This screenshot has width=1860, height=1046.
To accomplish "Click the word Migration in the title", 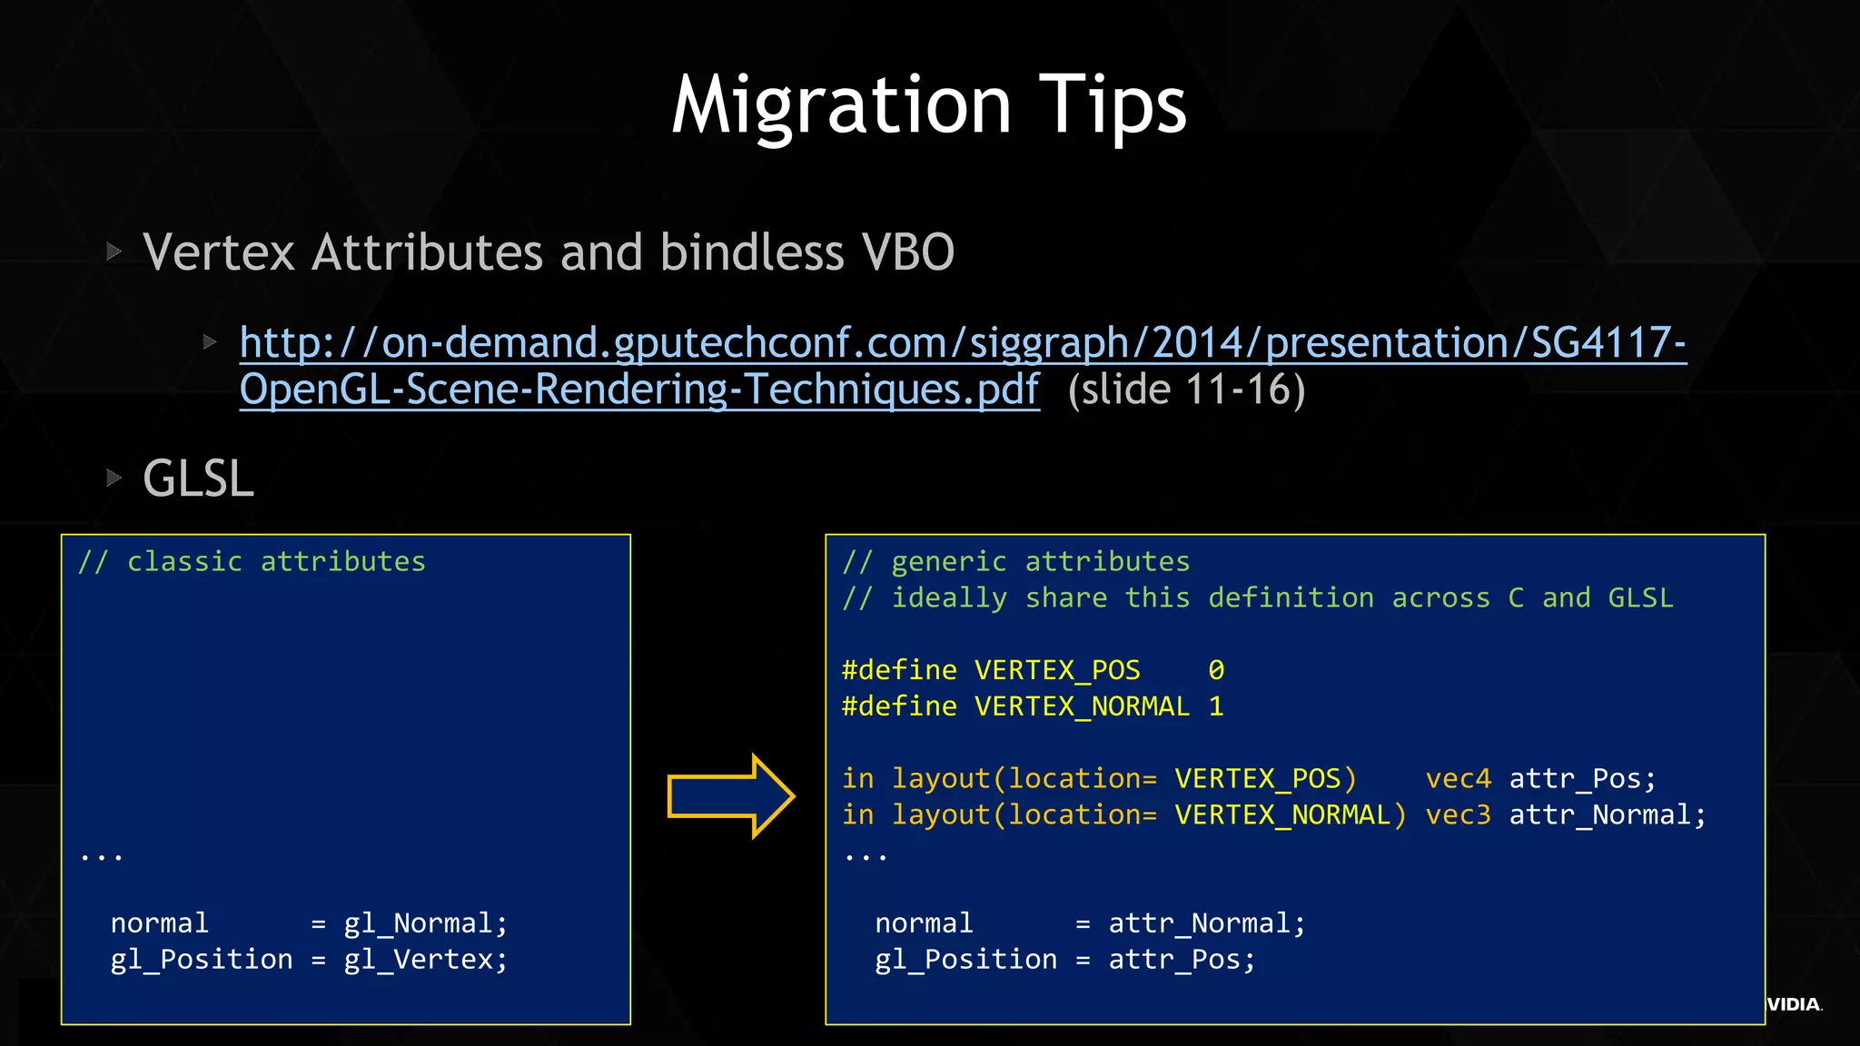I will coord(841,107).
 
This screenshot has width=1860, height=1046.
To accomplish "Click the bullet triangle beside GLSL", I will coord(114,478).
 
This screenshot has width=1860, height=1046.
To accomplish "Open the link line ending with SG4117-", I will coord(963,343).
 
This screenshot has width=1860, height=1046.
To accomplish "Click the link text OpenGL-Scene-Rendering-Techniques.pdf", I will coord(639,390).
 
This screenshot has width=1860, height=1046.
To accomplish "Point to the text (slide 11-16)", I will coord(1186,390).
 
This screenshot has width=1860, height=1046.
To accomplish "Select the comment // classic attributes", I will coord(252,562).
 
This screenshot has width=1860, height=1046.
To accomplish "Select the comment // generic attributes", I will coord(1015,562).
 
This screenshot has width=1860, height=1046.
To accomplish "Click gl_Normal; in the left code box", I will coord(425,923).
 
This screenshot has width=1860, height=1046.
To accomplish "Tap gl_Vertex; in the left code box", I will coord(425,960).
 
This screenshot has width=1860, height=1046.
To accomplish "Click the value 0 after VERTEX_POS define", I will coord(1216,670).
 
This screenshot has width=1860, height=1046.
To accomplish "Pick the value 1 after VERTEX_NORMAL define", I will coord(1216,706).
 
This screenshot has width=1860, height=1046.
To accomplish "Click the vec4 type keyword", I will coord(1458,779).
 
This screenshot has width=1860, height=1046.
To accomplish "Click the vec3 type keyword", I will coord(1458,815).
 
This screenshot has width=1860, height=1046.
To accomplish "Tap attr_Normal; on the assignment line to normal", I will coord(1206,923).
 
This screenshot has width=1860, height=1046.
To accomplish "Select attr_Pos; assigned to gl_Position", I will coord(1181,960).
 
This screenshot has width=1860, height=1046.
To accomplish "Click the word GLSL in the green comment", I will coord(1640,598).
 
